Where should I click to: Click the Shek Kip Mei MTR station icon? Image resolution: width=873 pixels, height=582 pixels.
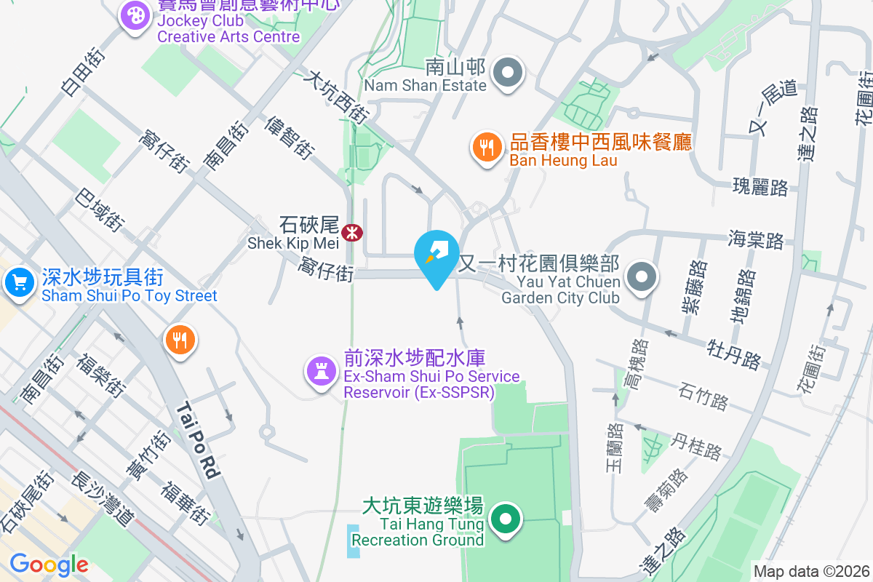click(x=353, y=233)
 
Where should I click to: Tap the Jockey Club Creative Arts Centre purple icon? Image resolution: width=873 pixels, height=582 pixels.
click(x=135, y=15)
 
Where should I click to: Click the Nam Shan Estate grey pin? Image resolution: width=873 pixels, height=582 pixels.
click(x=509, y=73)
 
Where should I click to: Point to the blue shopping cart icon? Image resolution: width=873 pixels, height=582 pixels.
click(x=18, y=282)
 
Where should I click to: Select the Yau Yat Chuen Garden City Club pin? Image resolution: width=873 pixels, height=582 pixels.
click(x=642, y=276)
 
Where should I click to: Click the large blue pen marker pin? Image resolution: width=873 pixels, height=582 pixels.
click(x=436, y=257)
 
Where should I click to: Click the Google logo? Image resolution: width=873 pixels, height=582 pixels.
click(x=49, y=564)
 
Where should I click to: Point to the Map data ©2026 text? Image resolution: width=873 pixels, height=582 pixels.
click(x=811, y=571)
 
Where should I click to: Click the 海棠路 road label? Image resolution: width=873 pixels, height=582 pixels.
click(x=756, y=239)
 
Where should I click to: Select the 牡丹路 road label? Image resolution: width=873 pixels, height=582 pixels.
click(x=733, y=351)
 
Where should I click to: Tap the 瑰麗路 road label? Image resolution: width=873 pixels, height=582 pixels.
click(x=760, y=187)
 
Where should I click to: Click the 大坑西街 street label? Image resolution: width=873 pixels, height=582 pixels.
click(x=337, y=95)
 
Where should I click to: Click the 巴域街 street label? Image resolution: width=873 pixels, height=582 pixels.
click(x=100, y=210)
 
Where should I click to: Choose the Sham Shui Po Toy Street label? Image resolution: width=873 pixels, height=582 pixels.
click(x=129, y=296)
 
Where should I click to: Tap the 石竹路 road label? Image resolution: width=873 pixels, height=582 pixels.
click(x=703, y=398)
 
